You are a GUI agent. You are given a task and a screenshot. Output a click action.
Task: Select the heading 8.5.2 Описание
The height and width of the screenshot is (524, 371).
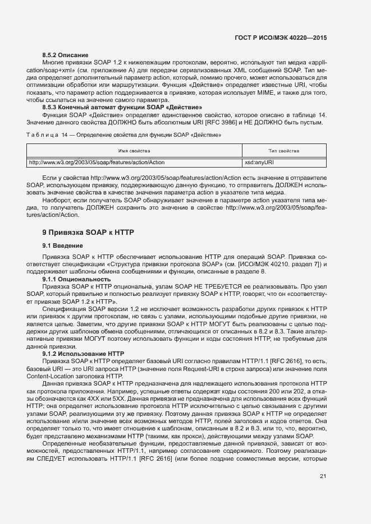pos(66,55)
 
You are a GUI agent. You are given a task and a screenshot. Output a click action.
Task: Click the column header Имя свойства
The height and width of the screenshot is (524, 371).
pos(134,151)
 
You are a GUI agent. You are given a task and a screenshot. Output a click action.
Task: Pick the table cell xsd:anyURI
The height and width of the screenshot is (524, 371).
pos(259,163)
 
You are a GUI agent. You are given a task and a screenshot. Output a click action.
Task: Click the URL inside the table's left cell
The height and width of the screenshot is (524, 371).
pos(97,163)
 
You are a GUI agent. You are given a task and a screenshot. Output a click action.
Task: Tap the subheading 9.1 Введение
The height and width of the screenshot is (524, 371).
pos(63,246)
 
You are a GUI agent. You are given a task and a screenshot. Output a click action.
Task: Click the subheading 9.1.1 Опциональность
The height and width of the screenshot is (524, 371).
pos(76,279)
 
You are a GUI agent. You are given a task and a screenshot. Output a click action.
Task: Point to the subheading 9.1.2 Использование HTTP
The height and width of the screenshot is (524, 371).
pos(83,354)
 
